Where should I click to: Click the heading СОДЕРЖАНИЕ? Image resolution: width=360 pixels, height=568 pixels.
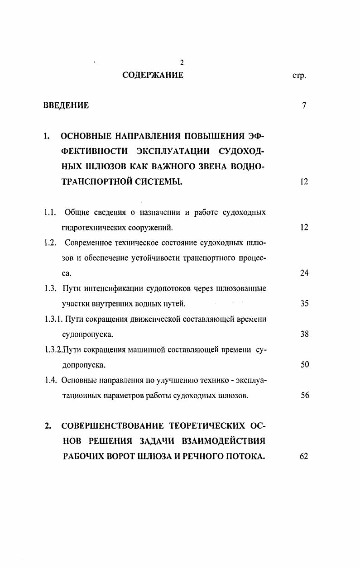[x=153, y=75]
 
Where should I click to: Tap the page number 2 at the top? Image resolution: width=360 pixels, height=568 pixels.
[x=182, y=63]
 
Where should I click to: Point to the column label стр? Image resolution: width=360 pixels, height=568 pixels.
[x=299, y=76]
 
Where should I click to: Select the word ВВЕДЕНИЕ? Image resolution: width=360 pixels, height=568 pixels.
[x=66, y=106]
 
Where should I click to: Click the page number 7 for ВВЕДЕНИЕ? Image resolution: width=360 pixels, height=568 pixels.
[x=304, y=106]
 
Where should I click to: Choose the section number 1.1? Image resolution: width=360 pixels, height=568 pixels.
[x=50, y=212]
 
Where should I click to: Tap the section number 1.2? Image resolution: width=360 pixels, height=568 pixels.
[x=50, y=243]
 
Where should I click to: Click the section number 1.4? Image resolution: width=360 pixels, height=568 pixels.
[x=50, y=380]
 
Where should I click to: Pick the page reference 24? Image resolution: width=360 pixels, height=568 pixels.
[x=304, y=273]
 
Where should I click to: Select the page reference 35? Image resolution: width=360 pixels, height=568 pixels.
[x=304, y=304]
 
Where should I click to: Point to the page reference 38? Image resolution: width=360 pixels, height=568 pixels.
[x=304, y=334]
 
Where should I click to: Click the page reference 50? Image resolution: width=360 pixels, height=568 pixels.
[x=304, y=365]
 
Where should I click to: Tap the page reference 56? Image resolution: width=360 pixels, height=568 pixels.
[x=304, y=395]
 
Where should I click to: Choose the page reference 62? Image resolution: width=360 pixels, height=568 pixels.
[x=304, y=456]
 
